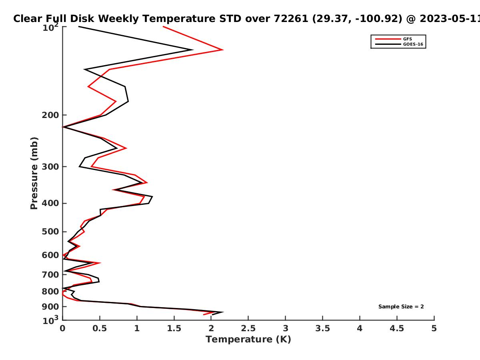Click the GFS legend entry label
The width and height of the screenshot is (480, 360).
pyautogui.click(x=407, y=39)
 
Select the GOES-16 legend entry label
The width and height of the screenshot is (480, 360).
pyautogui.click(x=413, y=44)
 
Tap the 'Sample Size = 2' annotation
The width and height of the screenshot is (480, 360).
pyautogui.click(x=401, y=307)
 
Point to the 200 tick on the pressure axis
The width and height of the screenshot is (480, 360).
pyautogui.click(x=50, y=115)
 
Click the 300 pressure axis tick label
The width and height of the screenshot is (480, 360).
pyautogui.click(x=50, y=167)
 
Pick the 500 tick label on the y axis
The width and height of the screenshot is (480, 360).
pyautogui.click(x=50, y=232)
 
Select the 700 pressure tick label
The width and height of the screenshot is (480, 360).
pyautogui.click(x=50, y=274)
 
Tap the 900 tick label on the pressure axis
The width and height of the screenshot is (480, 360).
pyautogui.click(x=50, y=307)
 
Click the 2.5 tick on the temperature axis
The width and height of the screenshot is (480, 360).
pyautogui.click(x=248, y=328)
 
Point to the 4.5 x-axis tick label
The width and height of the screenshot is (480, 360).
pyautogui.click(x=397, y=328)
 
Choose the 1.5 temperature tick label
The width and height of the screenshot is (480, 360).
pyautogui.click(x=174, y=328)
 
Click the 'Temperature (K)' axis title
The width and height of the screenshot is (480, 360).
pyautogui.click(x=248, y=340)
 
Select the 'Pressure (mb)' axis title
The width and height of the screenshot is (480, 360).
pyautogui.click(x=34, y=173)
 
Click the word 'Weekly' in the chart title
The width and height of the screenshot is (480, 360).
pyautogui.click(x=118, y=19)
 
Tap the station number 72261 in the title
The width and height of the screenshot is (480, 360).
pyautogui.click(x=291, y=19)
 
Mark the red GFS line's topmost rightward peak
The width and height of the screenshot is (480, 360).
pyautogui.click(x=223, y=50)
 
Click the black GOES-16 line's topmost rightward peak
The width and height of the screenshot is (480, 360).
pyautogui.click(x=192, y=50)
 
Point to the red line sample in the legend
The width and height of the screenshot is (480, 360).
pyautogui.click(x=388, y=39)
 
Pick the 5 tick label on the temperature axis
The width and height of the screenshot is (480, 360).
pyautogui.click(x=434, y=328)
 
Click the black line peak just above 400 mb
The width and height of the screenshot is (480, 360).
pyautogui.click(x=152, y=197)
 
